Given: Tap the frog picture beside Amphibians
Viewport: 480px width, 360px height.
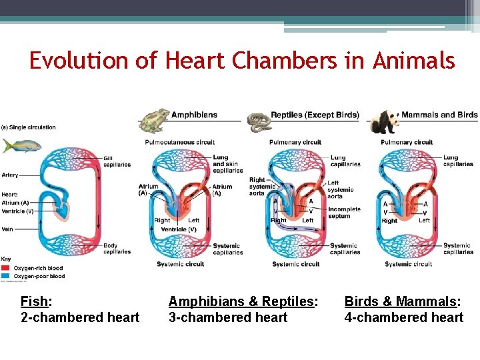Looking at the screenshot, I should click(x=153, y=120).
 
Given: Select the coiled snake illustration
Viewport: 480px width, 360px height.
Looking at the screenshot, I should click(x=259, y=121).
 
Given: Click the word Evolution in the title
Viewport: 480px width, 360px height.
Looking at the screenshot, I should click(x=81, y=61).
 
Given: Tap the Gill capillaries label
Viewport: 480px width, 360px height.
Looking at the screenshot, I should click(x=116, y=161).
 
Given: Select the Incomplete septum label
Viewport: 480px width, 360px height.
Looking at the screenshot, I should click(x=344, y=212).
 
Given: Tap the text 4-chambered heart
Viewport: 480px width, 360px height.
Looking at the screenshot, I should click(x=403, y=317).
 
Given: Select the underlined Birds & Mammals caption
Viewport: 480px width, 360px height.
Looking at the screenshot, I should click(x=403, y=301).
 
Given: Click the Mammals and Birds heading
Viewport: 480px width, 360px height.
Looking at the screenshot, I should click(x=439, y=115).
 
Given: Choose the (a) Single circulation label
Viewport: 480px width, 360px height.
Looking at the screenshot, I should click(x=28, y=127).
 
